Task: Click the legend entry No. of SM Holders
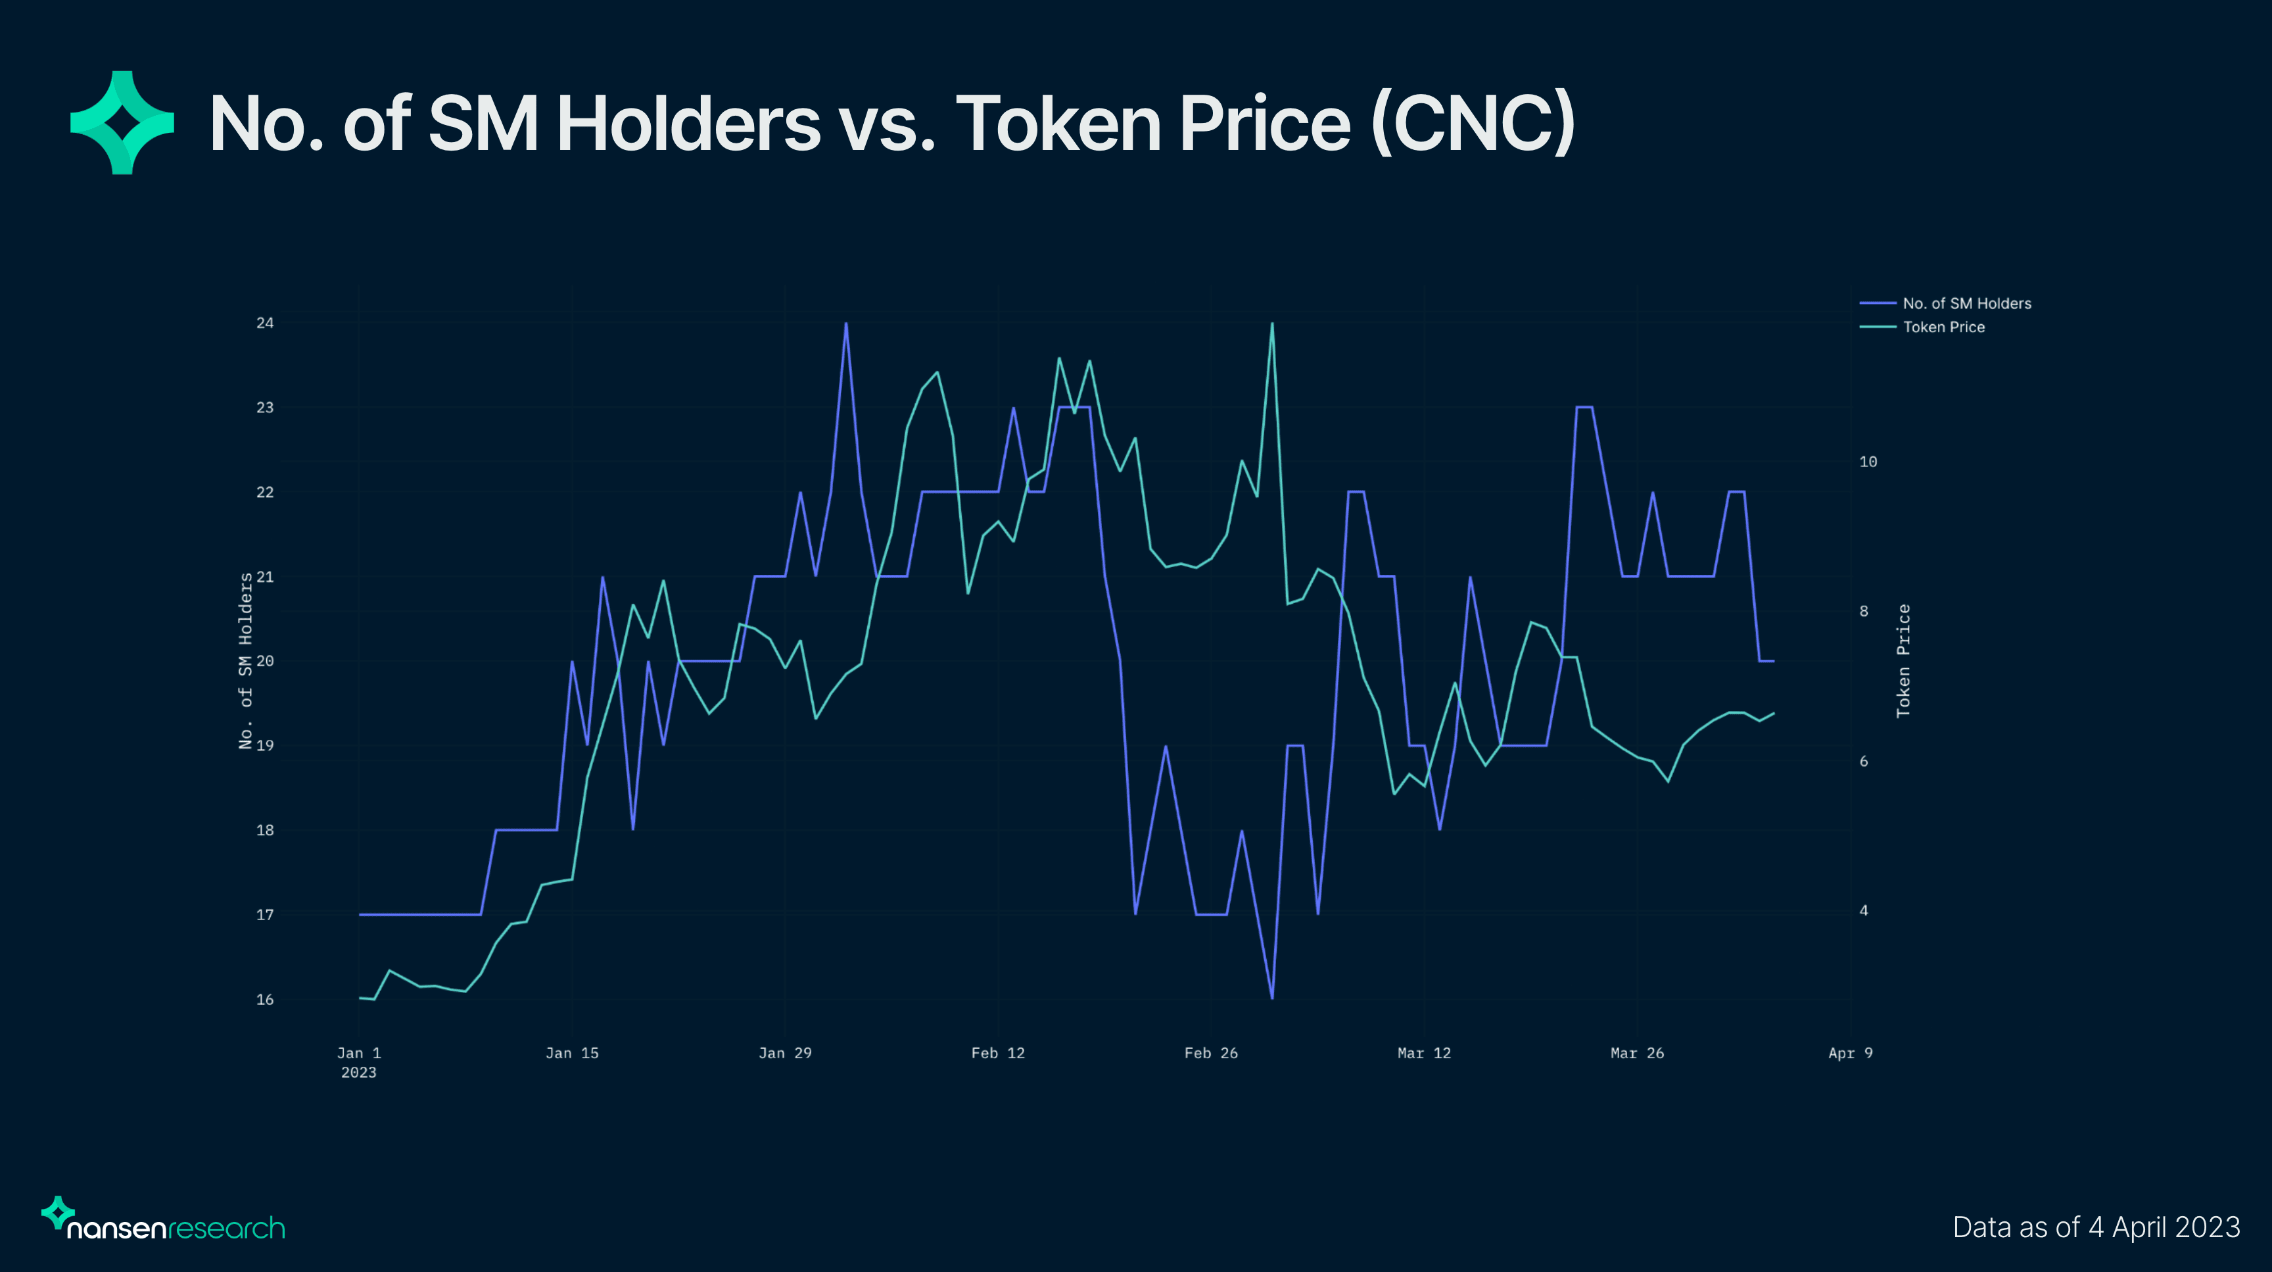(x=1966, y=303)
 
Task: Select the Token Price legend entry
(x=1943, y=328)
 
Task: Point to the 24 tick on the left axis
(x=264, y=323)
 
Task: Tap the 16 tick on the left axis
(x=264, y=1000)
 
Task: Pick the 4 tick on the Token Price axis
(x=1864, y=910)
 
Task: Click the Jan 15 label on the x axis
(x=571, y=1053)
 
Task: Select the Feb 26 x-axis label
(x=1210, y=1053)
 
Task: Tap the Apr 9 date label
(x=1849, y=1053)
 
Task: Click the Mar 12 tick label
(x=1423, y=1053)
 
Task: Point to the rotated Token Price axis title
(x=1903, y=661)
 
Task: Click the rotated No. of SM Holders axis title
(x=245, y=661)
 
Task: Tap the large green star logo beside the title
(x=122, y=122)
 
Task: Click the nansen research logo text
(x=176, y=1227)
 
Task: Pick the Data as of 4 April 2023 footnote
(x=2096, y=1227)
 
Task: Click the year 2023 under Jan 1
(x=358, y=1073)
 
